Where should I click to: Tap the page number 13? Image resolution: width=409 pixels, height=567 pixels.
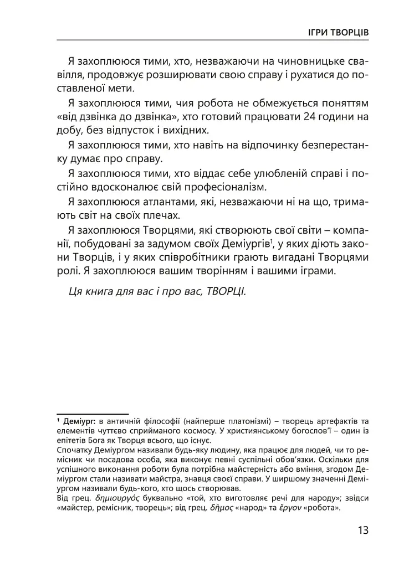(362, 530)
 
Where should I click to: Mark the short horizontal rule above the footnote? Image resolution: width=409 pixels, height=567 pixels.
(93, 413)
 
